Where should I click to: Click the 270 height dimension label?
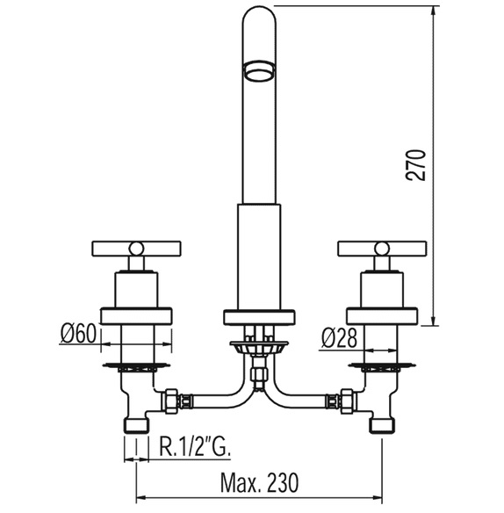coord(415,165)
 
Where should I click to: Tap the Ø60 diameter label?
coord(78,334)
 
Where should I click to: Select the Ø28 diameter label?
coord(339,338)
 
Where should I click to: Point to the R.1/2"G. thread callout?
coord(195,446)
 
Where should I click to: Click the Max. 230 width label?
coord(259,482)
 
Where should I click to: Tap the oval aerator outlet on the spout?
coord(259,70)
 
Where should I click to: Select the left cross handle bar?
coord(137,249)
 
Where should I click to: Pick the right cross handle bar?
coord(382,249)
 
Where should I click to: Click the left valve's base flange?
coord(136,315)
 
